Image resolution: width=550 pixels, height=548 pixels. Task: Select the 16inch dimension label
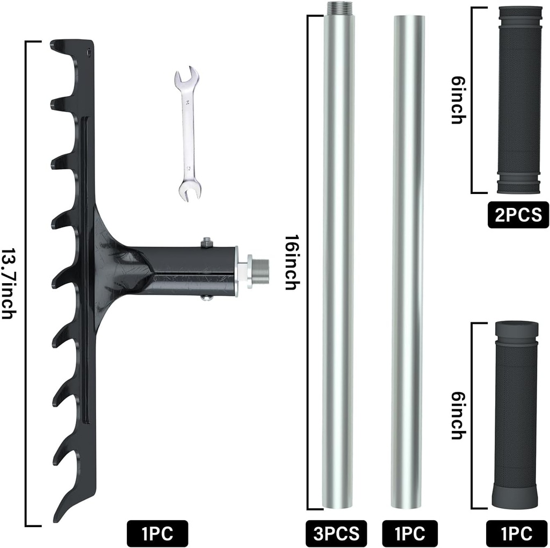pyautogui.click(x=291, y=263)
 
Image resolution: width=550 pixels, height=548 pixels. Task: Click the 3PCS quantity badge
pyautogui.click(x=336, y=533)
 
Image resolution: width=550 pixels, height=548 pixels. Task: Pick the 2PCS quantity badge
pyautogui.click(x=518, y=215)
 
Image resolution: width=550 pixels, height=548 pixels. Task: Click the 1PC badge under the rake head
pyautogui.click(x=157, y=533)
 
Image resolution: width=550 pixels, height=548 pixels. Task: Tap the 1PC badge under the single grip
pyautogui.click(x=518, y=533)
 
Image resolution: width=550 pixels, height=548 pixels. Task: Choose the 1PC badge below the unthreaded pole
pyautogui.click(x=410, y=533)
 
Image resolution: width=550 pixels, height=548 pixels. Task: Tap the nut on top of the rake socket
pyautogui.click(x=207, y=243)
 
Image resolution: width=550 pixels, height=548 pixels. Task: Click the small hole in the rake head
pyautogui.click(x=90, y=52)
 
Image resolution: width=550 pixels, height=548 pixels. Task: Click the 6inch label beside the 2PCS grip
pyautogui.click(x=457, y=100)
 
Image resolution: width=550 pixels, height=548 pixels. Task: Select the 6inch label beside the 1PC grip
pyautogui.click(x=457, y=415)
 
